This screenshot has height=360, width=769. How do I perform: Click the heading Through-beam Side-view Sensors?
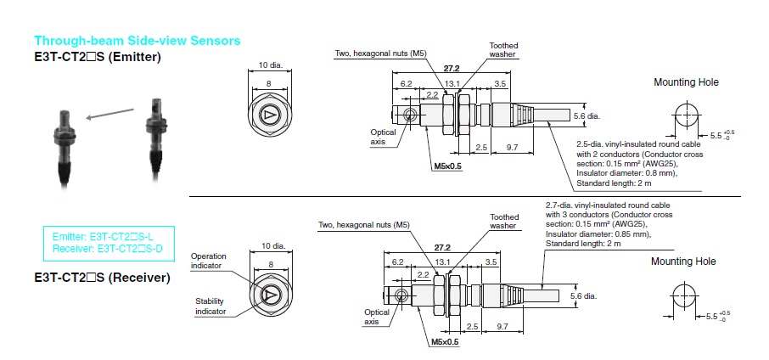(x=137, y=41)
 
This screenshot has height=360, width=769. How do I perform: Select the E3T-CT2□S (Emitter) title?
(x=98, y=57)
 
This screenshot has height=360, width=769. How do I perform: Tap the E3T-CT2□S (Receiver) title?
(x=102, y=278)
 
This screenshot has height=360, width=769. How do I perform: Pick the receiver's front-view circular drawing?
(x=269, y=294)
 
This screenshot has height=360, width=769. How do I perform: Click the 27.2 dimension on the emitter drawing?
(x=452, y=67)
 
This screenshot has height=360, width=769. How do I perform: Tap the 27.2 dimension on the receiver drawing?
(x=442, y=245)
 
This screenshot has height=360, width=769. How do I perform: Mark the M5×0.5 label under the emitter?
(x=447, y=166)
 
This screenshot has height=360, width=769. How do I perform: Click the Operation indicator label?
(x=210, y=261)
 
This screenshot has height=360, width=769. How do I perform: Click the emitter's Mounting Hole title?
(x=686, y=82)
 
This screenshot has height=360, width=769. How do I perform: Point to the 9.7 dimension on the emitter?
(x=512, y=148)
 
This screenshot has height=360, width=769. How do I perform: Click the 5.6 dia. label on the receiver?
(x=586, y=296)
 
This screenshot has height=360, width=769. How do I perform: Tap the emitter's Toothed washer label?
(x=503, y=50)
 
